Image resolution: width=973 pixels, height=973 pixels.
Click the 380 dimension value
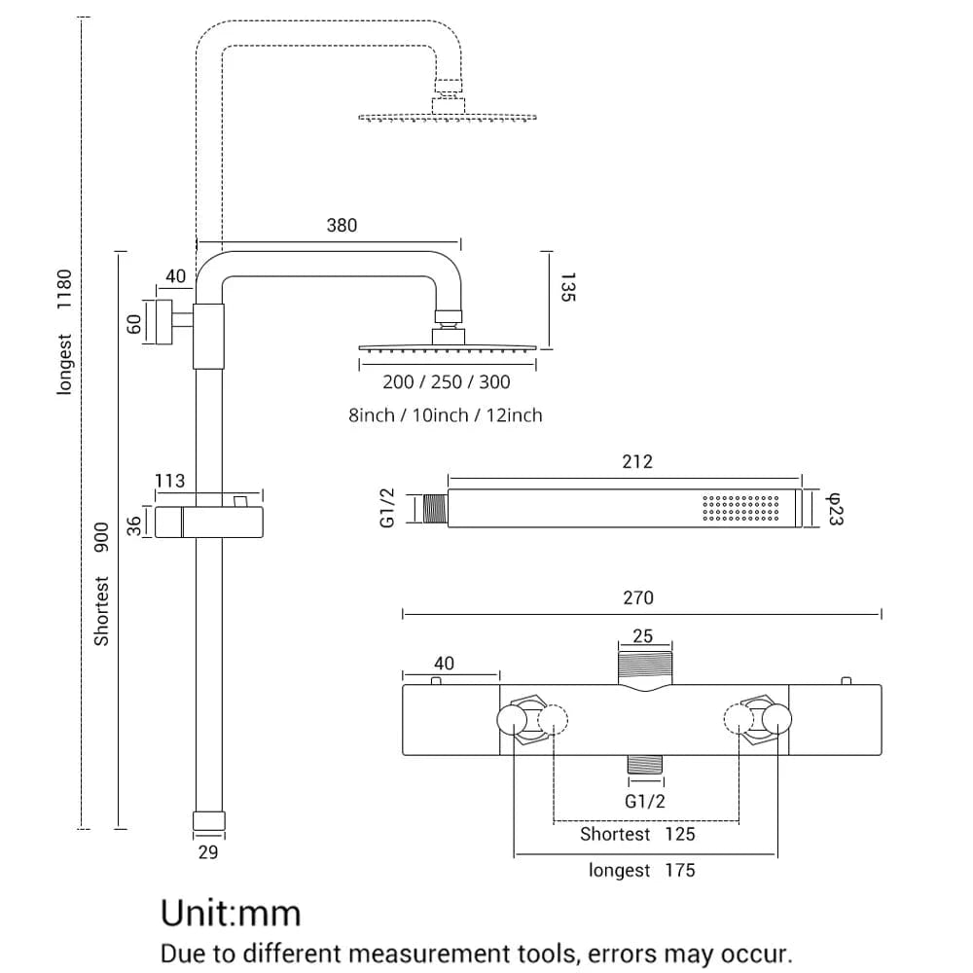click(342, 226)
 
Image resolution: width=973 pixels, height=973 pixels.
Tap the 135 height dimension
click(568, 288)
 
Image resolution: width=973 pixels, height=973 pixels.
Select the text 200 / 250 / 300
click(447, 382)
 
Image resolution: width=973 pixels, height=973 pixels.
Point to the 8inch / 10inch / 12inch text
click(446, 415)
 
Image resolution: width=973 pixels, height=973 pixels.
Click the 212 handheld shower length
click(637, 461)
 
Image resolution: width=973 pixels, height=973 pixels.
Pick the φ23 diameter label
click(834, 510)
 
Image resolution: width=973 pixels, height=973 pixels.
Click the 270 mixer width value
click(638, 597)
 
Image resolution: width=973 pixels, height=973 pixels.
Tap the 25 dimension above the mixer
click(642, 637)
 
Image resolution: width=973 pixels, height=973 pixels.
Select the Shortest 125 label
click(637, 834)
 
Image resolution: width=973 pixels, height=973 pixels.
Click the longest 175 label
click(641, 870)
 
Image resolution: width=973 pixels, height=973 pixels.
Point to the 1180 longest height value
click(65, 289)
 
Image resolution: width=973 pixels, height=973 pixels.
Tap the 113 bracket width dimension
click(169, 481)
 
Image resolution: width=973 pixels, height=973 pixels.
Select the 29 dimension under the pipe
click(207, 852)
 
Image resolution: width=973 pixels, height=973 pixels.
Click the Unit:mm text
click(231, 913)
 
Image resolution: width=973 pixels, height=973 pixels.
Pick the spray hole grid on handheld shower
click(740, 511)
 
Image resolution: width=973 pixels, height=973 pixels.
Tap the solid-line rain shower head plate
click(448, 347)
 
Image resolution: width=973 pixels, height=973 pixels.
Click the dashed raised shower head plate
click(448, 118)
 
